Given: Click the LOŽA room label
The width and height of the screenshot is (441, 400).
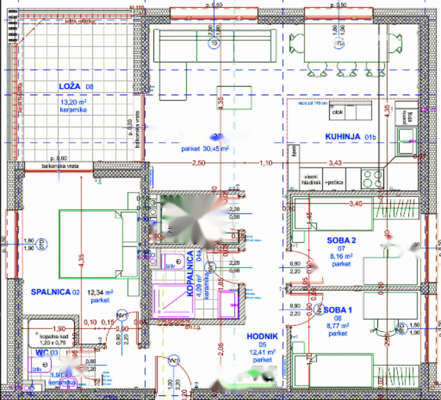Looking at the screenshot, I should click(70, 86).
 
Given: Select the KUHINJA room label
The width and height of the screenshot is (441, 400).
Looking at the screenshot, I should click(342, 137).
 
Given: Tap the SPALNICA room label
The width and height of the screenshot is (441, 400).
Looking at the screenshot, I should click(51, 292).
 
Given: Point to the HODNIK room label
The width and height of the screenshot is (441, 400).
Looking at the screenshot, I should click(262, 336).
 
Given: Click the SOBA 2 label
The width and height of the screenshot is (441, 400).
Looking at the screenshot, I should click(341, 240).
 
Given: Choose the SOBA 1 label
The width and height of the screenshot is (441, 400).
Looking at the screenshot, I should click(338, 310).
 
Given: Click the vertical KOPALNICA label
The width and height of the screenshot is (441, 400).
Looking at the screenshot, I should click(190, 274).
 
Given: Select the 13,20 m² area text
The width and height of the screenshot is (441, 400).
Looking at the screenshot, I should click(73, 102).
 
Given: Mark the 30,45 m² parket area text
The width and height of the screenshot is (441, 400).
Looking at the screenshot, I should click(205, 149).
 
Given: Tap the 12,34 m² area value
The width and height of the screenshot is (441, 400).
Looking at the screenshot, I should click(100, 293).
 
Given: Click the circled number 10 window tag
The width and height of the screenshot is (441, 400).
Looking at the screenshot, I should click(214, 43).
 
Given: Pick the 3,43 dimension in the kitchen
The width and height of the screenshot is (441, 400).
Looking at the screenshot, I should click(335, 163).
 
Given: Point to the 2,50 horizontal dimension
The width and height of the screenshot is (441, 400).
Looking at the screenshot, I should click(198, 163).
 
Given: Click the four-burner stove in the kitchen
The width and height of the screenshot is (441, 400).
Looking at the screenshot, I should click(372, 178).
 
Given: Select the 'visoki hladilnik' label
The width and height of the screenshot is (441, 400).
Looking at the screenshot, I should click(311, 180).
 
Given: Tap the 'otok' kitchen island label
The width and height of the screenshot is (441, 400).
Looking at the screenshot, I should click(337, 112).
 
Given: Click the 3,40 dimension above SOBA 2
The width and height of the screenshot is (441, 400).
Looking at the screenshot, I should click(356, 204).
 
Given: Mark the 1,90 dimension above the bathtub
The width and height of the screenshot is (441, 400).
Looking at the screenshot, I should click(59, 328).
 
